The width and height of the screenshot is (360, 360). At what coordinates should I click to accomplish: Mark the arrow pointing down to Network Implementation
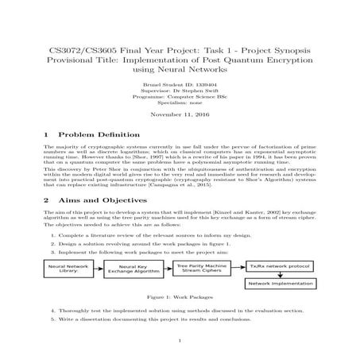tap(281, 274)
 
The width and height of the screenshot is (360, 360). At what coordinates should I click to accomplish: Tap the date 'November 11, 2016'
tap(180, 115)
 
